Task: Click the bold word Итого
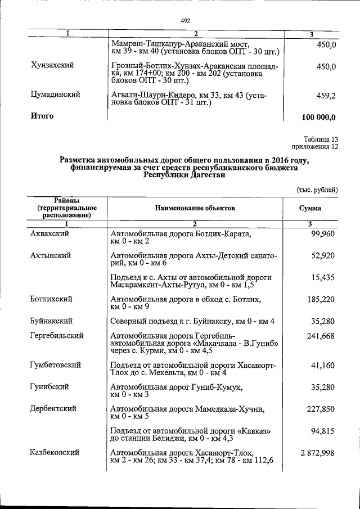coord(42,116)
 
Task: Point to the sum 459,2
coord(326,96)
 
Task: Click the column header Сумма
coord(310,208)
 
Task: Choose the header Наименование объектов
coord(195,208)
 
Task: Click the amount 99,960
coord(323,233)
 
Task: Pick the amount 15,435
coord(323,277)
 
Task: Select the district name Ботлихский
coord(51,299)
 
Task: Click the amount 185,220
coord(321,299)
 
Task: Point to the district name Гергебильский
coord(57,336)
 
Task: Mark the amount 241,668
coord(321,336)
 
